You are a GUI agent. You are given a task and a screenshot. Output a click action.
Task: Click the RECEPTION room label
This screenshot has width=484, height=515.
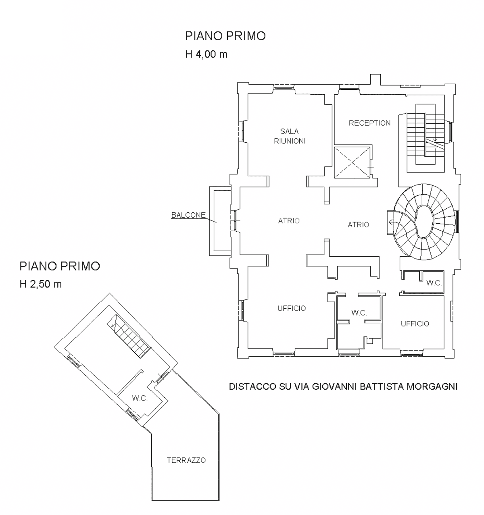369,123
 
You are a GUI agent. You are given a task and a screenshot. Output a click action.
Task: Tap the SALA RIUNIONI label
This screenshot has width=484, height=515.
290,136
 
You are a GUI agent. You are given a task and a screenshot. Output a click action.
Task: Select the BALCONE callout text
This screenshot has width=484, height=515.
188,215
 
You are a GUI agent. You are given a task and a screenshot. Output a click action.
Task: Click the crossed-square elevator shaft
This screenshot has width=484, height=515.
352,162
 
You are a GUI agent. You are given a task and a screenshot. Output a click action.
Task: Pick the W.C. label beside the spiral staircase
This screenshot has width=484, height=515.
434,283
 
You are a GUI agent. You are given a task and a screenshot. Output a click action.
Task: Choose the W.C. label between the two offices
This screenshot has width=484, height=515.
359,313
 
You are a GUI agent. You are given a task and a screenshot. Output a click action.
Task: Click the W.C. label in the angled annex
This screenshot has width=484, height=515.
140,398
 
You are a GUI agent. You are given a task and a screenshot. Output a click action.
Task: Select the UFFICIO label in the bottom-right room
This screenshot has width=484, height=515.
415,324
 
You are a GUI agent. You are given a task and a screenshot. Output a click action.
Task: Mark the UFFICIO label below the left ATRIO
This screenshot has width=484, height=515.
292,308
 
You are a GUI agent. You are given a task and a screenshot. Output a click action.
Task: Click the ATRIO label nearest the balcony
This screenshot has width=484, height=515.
289,221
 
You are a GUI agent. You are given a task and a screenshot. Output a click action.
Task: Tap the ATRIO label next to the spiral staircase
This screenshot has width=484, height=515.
358,224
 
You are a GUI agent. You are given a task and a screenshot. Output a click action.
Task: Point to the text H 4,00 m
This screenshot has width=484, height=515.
206,54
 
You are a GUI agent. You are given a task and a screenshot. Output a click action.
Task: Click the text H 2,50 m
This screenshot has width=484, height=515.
40,284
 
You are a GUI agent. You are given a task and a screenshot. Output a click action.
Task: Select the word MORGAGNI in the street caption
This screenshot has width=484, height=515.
432,386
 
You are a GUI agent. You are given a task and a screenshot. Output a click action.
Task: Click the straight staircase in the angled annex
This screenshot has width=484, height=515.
129,336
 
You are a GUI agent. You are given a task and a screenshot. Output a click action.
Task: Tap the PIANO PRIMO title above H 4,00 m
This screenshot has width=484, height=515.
225,36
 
